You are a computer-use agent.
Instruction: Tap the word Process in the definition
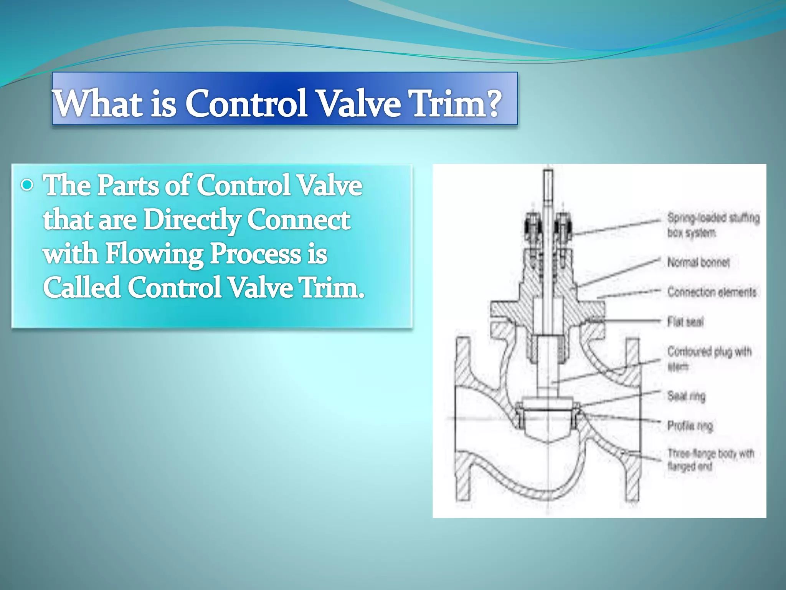click(x=255, y=254)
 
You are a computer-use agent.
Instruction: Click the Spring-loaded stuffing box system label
click(x=713, y=225)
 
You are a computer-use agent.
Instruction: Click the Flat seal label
click(x=685, y=322)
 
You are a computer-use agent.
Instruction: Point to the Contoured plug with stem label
click(x=709, y=358)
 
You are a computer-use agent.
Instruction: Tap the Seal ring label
click(x=686, y=396)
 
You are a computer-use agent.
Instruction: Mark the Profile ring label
click(x=690, y=426)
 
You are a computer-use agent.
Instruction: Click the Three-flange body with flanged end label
click(x=711, y=460)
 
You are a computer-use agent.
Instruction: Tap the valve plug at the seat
click(x=548, y=423)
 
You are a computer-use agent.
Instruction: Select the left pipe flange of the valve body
click(x=463, y=419)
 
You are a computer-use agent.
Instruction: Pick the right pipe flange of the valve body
click(x=633, y=419)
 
